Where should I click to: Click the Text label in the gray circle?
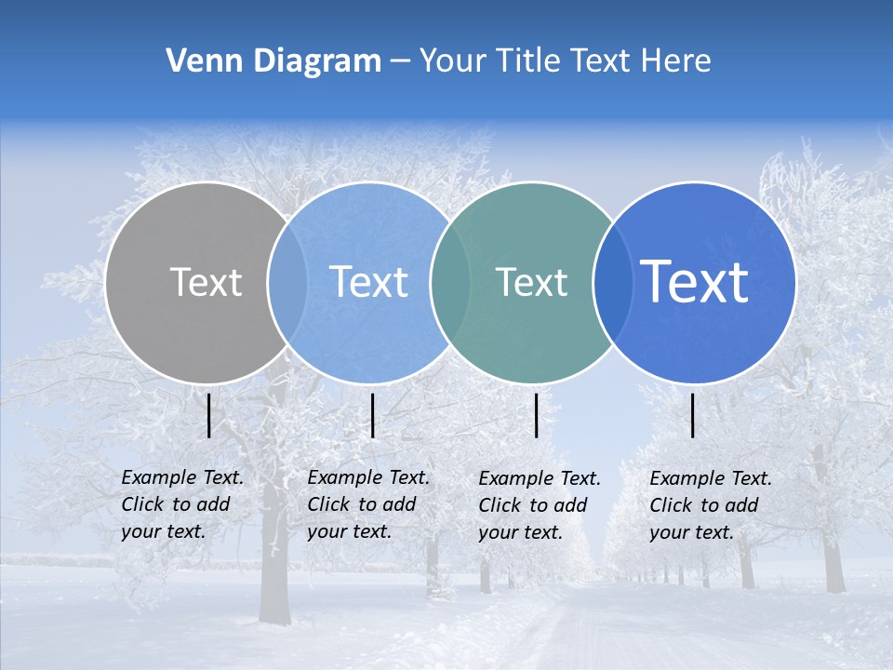click(206, 282)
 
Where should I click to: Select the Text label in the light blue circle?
click(368, 282)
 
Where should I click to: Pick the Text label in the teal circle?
click(531, 282)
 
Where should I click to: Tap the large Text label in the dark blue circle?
click(695, 281)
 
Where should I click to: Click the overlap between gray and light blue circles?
click(287, 282)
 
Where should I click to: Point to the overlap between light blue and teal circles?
click(450, 282)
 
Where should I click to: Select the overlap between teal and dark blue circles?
click(613, 282)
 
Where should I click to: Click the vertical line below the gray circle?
click(209, 415)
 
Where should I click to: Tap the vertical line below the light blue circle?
click(372, 415)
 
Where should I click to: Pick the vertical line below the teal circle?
click(537, 415)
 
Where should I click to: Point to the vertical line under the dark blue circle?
click(693, 415)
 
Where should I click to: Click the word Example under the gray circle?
click(157, 477)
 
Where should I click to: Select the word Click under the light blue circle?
click(327, 504)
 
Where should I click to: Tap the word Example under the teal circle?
click(514, 479)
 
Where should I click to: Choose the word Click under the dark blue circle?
click(670, 505)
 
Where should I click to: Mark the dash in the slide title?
click(400, 62)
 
